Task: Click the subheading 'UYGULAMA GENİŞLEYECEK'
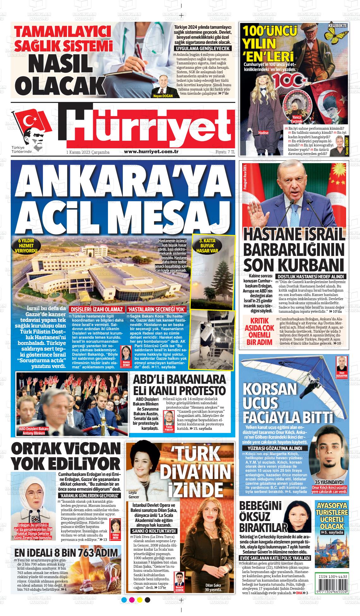[x=203, y=49]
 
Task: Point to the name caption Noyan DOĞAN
[x=163, y=96]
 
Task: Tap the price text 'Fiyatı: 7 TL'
[x=225, y=152]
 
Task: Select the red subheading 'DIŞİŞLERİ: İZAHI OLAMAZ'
[x=96, y=309]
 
